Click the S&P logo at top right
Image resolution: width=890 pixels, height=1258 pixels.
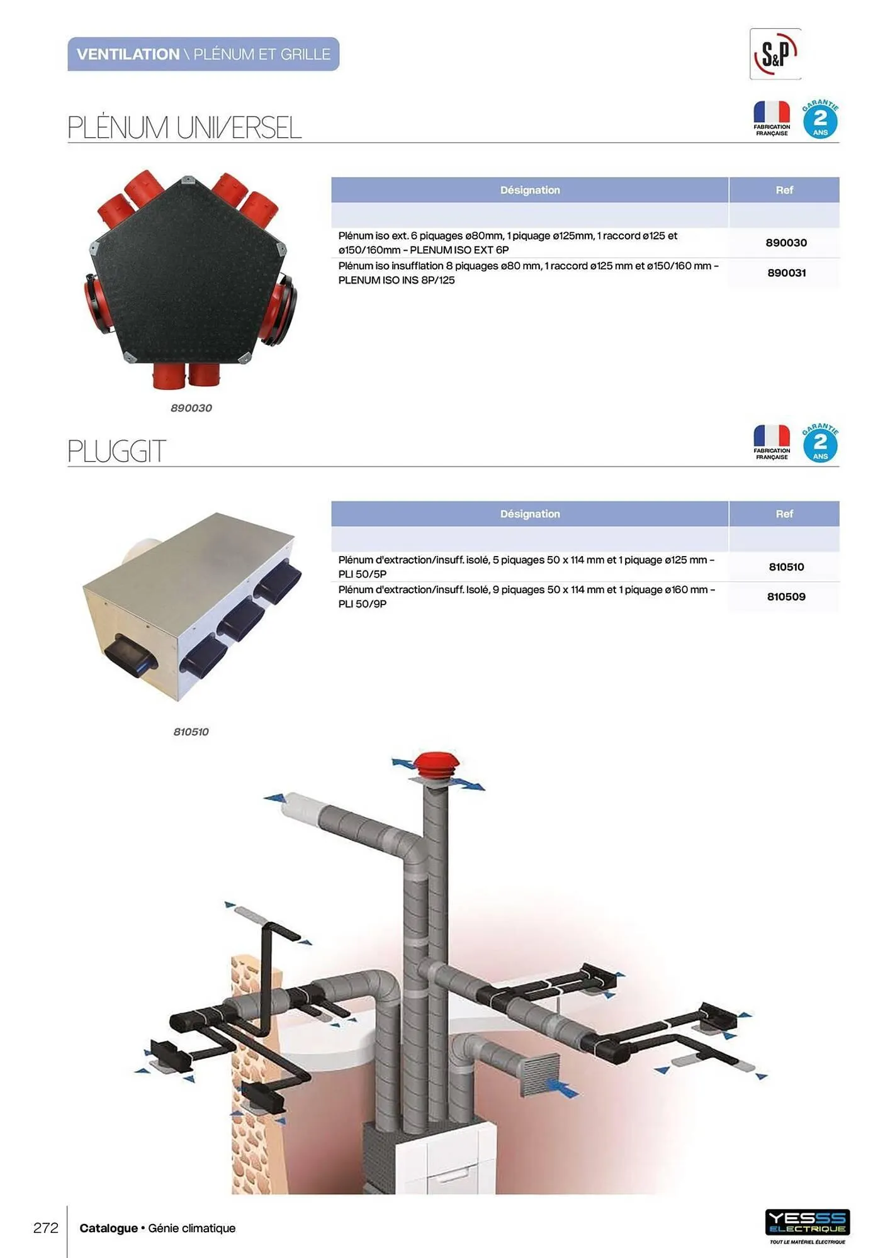click(x=775, y=54)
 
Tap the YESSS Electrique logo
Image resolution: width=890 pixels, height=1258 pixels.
click(x=808, y=1226)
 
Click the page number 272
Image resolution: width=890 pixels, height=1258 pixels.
click(x=46, y=1228)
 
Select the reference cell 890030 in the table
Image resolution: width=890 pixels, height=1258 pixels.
click(x=786, y=243)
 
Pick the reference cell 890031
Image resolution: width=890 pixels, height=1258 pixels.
click(x=786, y=273)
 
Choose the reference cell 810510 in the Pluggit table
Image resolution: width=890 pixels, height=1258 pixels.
click(x=786, y=567)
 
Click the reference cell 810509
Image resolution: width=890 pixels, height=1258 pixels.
click(x=786, y=597)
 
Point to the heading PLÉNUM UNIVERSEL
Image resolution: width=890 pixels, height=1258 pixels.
click(x=184, y=128)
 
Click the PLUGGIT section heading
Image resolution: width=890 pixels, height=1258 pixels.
click(x=116, y=451)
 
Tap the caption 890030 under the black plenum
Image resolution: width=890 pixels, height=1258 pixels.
click(x=191, y=408)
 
